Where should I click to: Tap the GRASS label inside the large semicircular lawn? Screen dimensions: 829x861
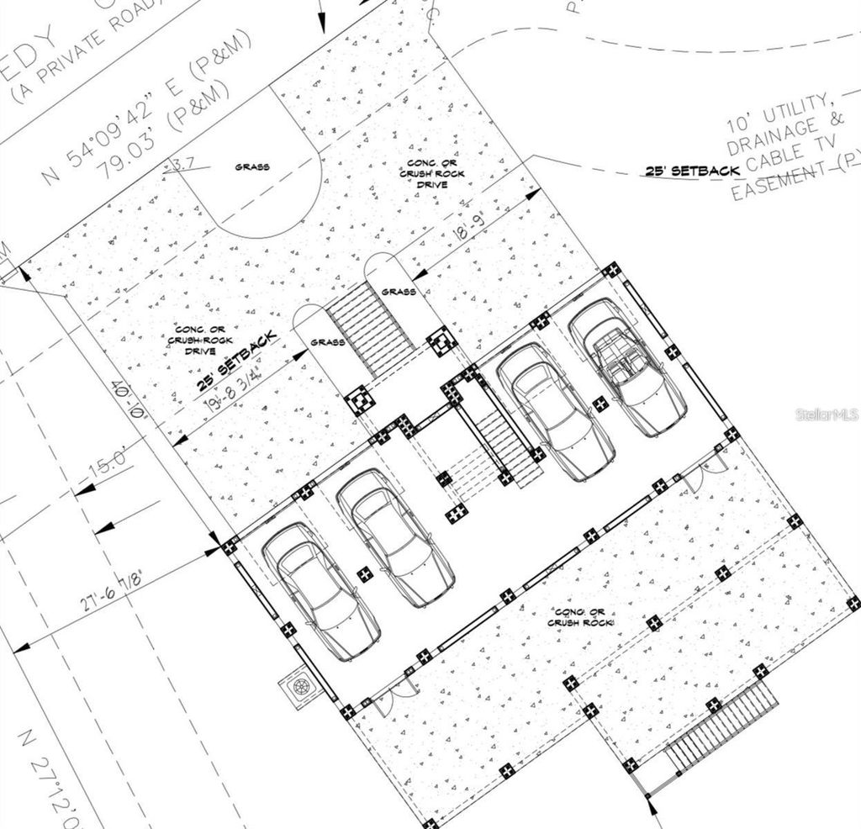coord(252,166)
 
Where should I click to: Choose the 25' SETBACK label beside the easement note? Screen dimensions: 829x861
coord(692,171)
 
